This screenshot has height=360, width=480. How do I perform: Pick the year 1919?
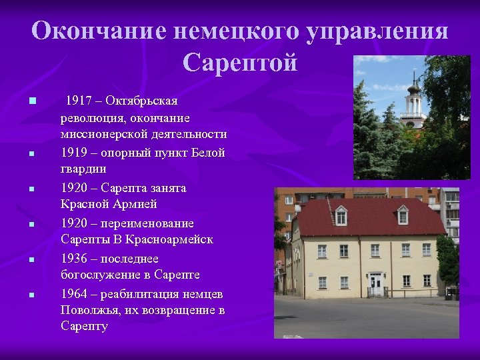click(74, 153)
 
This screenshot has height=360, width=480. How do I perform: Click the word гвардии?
click(83, 169)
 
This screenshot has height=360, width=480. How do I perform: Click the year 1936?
click(74, 258)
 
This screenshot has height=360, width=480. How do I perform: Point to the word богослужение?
click(101, 275)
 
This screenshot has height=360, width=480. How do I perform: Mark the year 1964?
click(74, 293)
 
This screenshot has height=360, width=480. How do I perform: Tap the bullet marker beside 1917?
click(31, 101)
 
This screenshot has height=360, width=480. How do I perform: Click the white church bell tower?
click(413, 103)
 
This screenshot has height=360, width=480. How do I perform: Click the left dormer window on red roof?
click(341, 216)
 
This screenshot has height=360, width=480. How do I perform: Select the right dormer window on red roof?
click(403, 215)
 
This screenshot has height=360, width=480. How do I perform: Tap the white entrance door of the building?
click(377, 285)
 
